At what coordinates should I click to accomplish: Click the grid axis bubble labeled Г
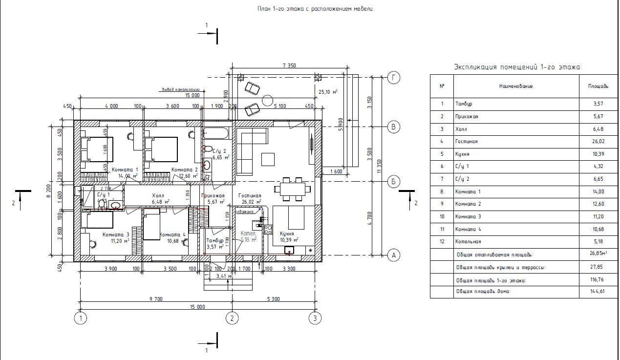click(393, 77)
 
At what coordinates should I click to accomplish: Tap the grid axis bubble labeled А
click(393, 254)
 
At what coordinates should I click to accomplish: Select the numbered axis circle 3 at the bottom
click(316, 318)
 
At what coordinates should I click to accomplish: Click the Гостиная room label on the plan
click(250, 195)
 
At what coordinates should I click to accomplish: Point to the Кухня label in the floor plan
click(286, 234)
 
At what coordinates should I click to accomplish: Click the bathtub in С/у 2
click(217, 133)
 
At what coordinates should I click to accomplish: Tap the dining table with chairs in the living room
click(292, 189)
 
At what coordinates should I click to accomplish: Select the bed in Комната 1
click(98, 149)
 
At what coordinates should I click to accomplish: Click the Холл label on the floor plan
click(158, 195)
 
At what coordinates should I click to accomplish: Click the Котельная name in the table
click(468, 242)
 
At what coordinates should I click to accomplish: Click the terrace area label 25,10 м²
click(328, 91)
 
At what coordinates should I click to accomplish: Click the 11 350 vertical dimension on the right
click(379, 166)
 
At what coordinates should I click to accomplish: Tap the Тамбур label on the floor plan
click(214, 241)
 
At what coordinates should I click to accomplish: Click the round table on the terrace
click(267, 101)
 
